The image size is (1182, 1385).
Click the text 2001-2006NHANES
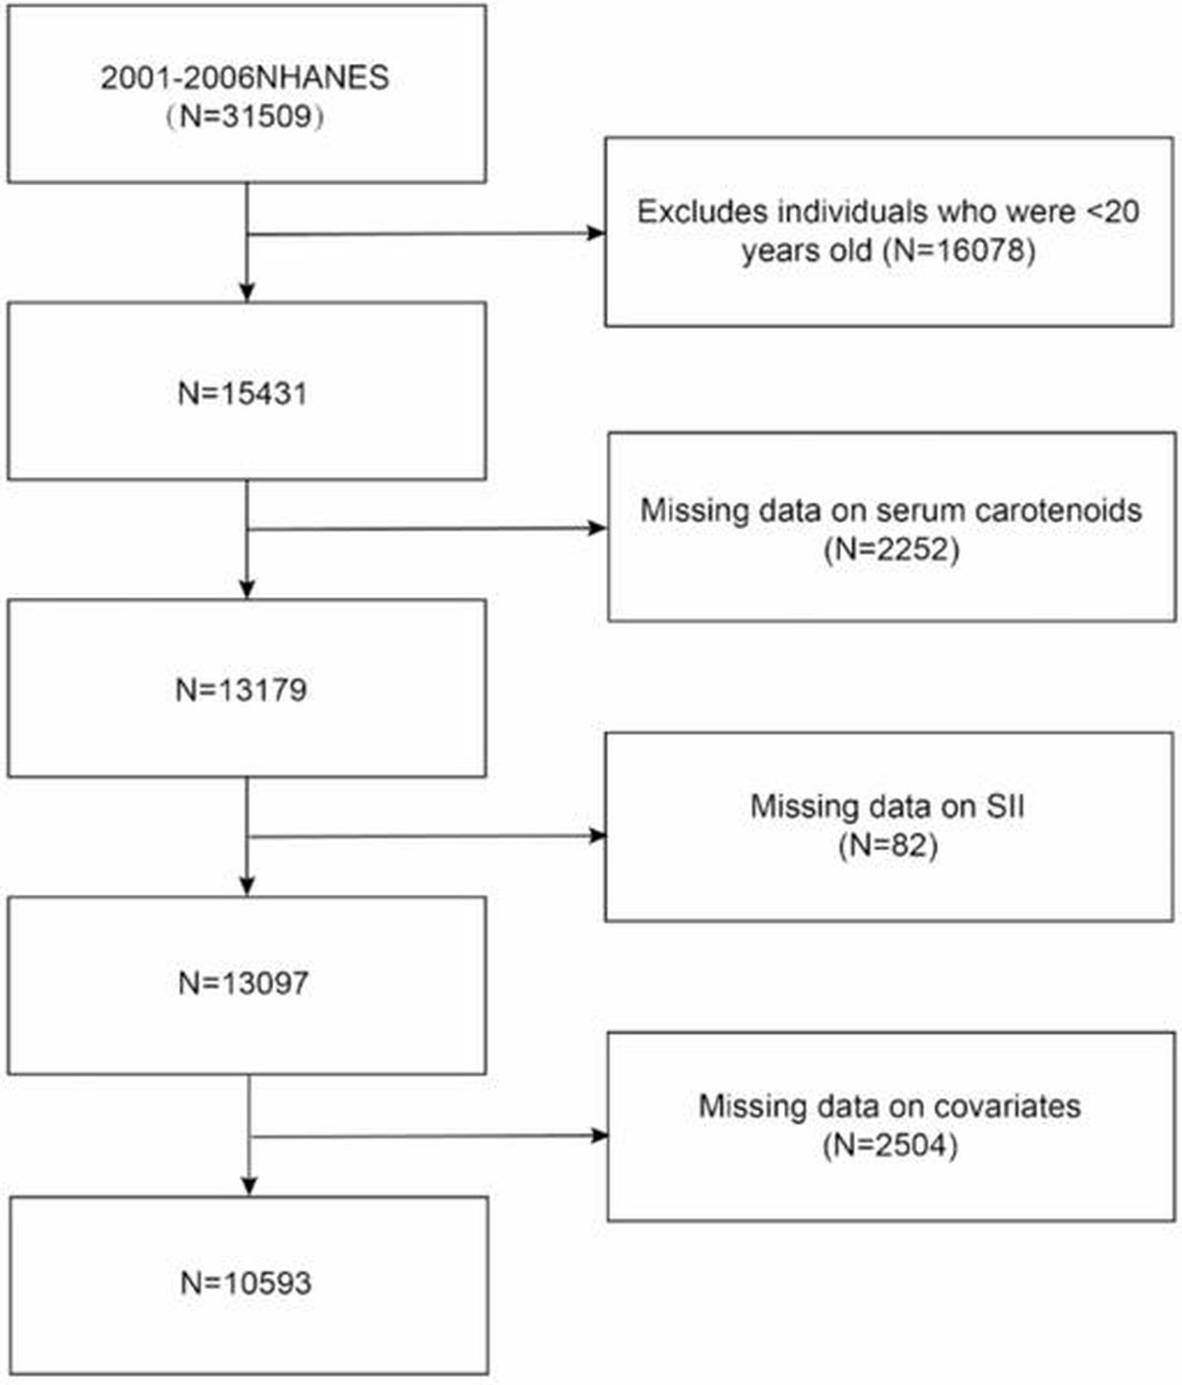pos(244,78)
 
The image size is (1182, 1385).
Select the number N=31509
pos(246,116)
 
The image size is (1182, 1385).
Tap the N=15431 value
pos(242,393)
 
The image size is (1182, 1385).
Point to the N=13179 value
pos(241,690)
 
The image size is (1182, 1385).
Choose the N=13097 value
pos(243,983)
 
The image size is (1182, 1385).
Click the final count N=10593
pos(246,1283)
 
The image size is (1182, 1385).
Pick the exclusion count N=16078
pos(958,250)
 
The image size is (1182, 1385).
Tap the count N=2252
pos(891,550)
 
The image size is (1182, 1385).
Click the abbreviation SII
pos(1005,806)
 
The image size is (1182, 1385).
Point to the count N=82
pos(887,845)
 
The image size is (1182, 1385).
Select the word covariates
pos(1007,1105)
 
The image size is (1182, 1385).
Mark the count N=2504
pos(889,1145)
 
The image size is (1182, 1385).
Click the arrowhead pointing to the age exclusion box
pos(596,232)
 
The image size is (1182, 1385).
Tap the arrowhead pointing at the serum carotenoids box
pos(596,528)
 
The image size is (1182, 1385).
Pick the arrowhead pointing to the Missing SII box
pos(596,835)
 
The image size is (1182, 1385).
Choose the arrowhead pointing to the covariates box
pos(598,1135)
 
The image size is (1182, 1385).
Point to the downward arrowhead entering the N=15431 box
pos(246,293)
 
